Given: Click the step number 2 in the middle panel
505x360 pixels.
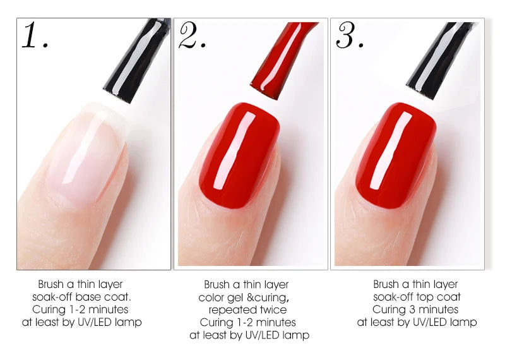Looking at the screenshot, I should tap(192, 36).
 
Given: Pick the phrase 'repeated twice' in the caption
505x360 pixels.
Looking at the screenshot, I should tap(247, 310).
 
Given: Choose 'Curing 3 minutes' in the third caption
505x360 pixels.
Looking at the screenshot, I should tap(415, 309).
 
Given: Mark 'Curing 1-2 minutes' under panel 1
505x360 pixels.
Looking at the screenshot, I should tap(80, 309).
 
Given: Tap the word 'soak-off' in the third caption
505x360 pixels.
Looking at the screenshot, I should tap(394, 297).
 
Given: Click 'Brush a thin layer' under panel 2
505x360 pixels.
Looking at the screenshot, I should tap(246, 285).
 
